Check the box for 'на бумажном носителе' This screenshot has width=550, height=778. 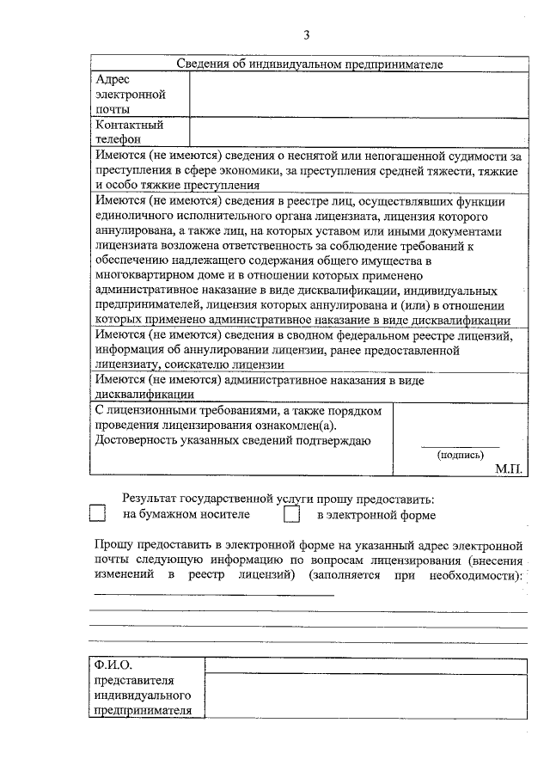(97, 514)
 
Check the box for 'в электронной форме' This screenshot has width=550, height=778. (293, 514)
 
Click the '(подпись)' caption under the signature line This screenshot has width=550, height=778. (461, 456)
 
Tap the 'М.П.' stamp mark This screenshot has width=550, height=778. (510, 469)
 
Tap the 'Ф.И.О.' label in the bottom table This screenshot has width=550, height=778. (114, 665)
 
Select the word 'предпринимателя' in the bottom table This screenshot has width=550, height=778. (143, 710)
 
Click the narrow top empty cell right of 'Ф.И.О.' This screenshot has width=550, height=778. (366, 665)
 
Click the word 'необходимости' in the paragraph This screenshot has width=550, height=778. (472, 574)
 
